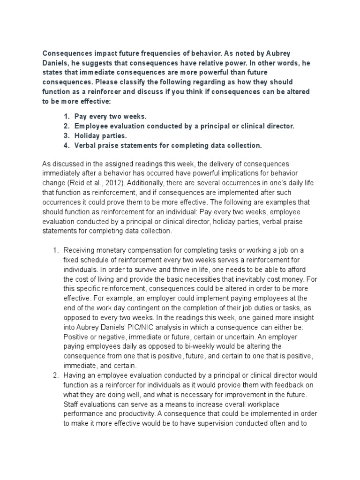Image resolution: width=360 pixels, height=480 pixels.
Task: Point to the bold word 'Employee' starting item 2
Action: (x=92, y=127)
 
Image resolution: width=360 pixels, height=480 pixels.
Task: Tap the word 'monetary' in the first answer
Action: (x=118, y=250)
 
